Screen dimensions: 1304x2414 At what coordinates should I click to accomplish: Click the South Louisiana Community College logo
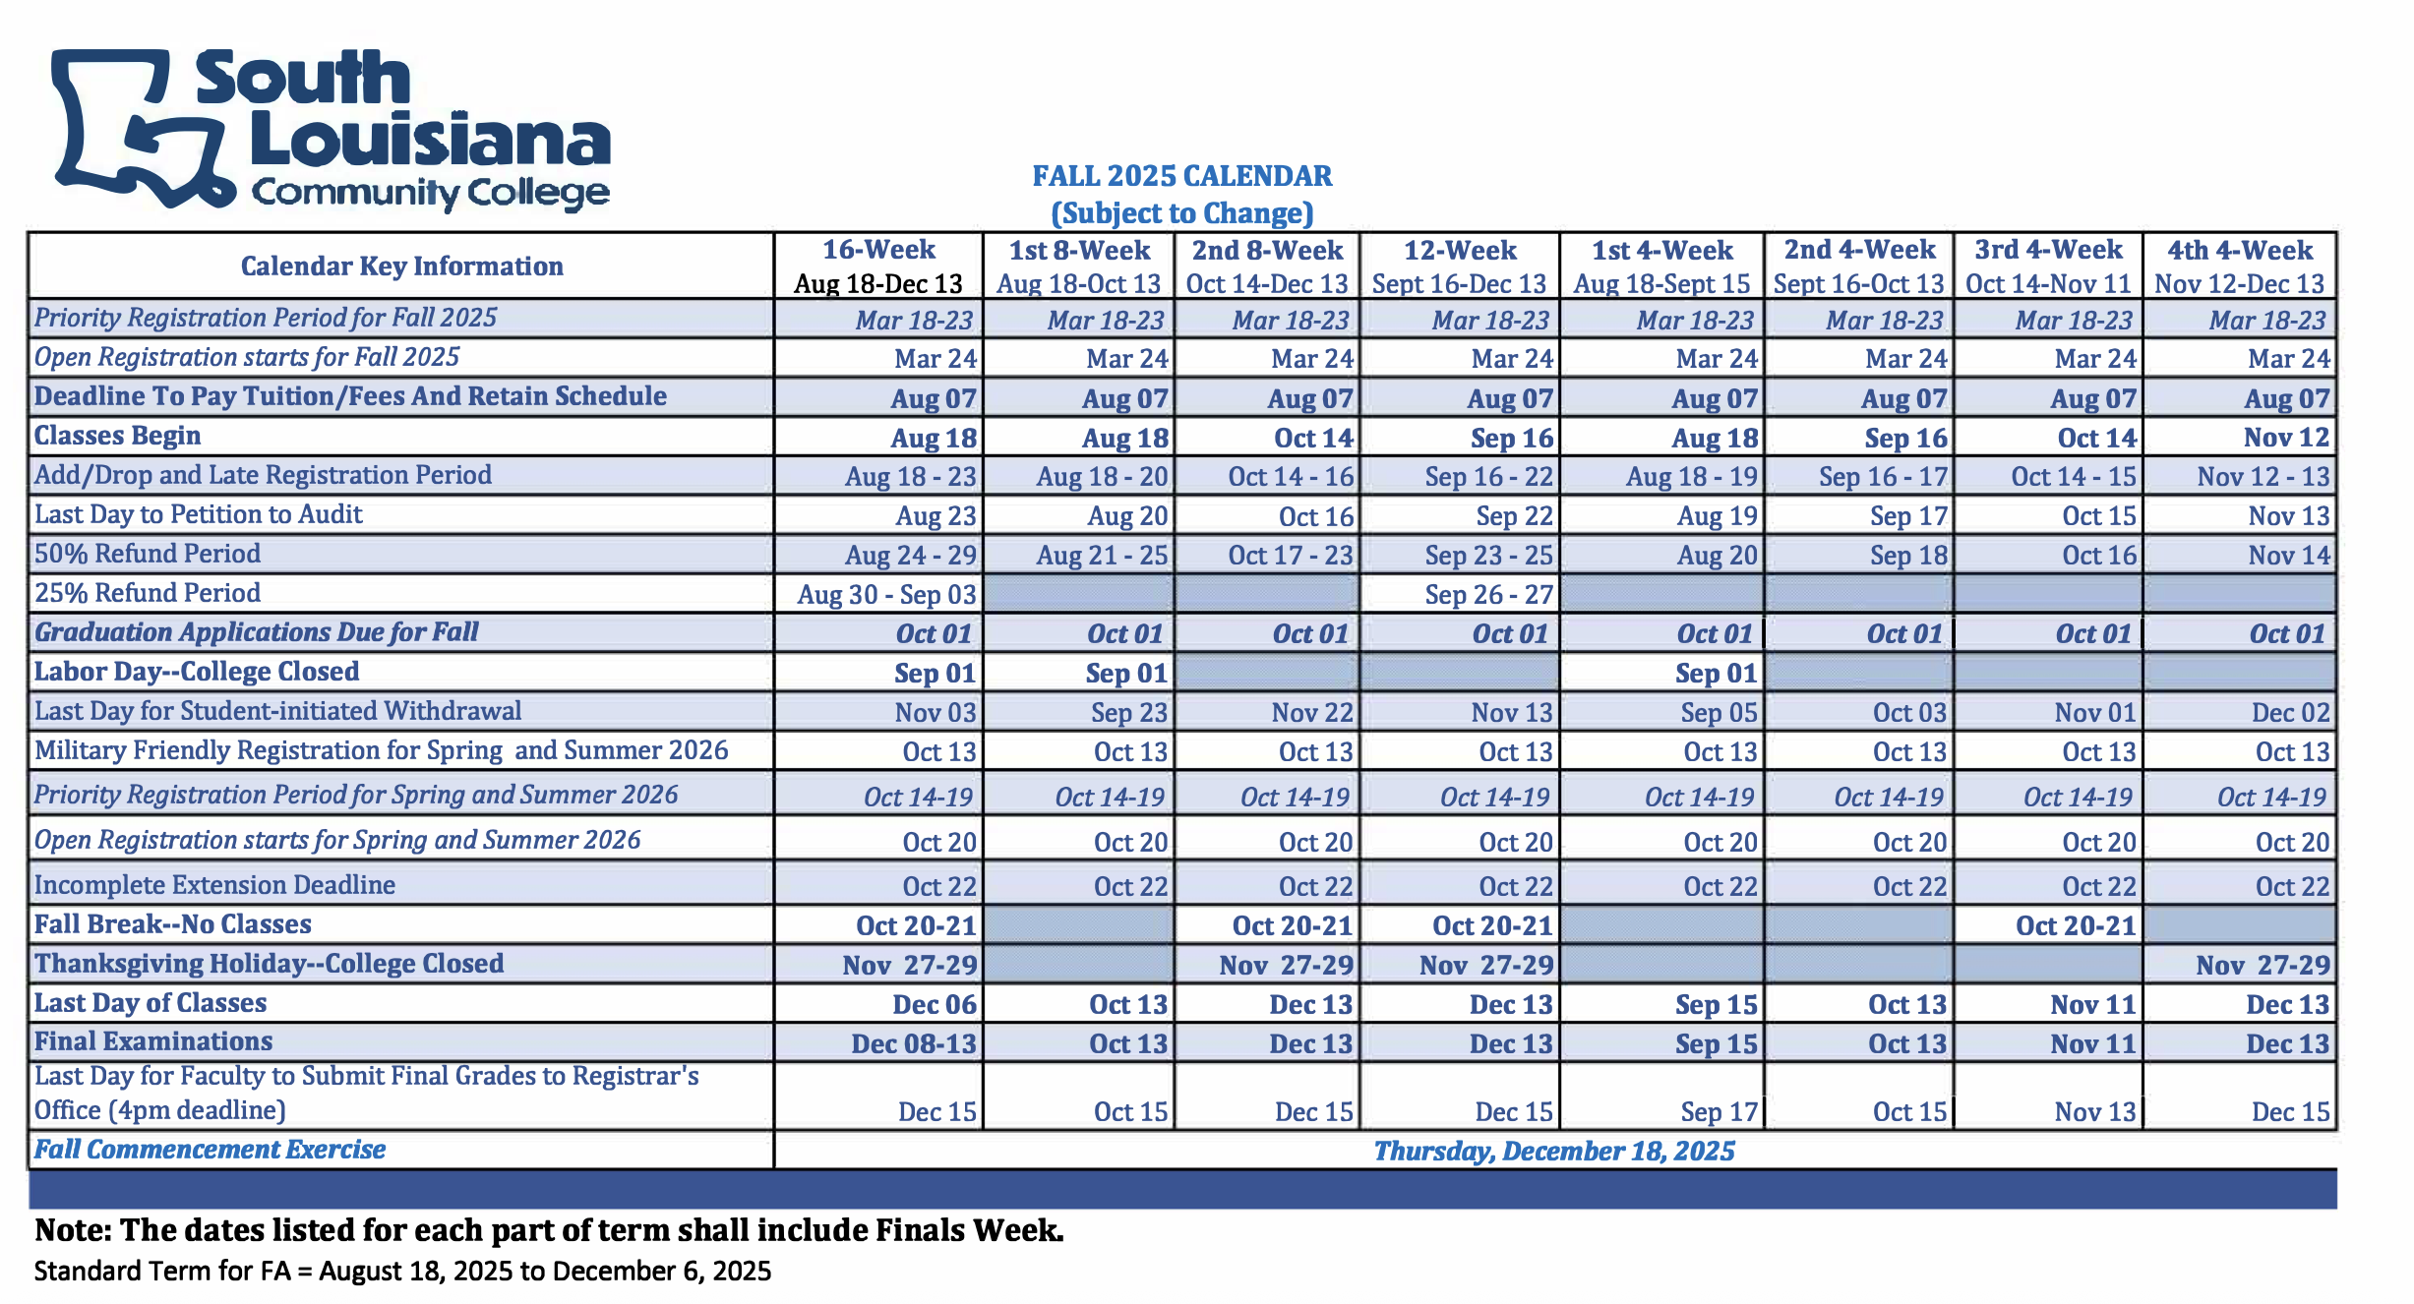331,129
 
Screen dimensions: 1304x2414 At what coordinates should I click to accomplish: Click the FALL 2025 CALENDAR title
1181,176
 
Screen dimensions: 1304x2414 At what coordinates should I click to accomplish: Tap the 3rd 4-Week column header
2048,266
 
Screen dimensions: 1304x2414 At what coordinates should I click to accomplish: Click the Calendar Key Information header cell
401,266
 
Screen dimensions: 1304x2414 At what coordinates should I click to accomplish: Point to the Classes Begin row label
118,436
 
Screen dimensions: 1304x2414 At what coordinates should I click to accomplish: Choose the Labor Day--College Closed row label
197,672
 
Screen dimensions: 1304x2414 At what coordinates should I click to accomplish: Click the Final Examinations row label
153,1041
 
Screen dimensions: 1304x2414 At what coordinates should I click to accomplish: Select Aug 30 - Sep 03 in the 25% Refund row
886,595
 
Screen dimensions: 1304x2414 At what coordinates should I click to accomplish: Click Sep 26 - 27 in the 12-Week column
1488,595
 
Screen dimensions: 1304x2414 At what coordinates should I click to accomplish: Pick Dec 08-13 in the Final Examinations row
913,1043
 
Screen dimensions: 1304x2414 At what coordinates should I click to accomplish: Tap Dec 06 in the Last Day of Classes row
934,1004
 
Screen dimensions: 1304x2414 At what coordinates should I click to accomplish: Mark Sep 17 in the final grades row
1718,1112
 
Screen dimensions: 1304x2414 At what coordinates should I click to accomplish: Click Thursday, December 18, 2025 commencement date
1553,1151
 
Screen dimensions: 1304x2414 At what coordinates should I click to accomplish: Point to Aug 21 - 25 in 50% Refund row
1102,556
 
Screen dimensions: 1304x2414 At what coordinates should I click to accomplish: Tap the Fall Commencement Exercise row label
211,1150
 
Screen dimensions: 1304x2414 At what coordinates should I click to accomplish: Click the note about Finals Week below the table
549,1230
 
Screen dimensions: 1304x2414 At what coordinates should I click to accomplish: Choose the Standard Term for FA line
402,1271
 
